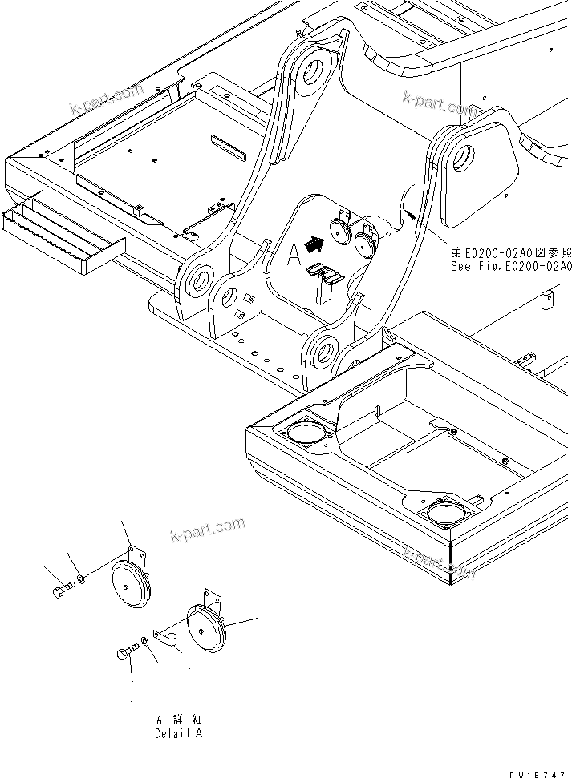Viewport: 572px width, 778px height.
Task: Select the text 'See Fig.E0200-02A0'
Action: (511, 268)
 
